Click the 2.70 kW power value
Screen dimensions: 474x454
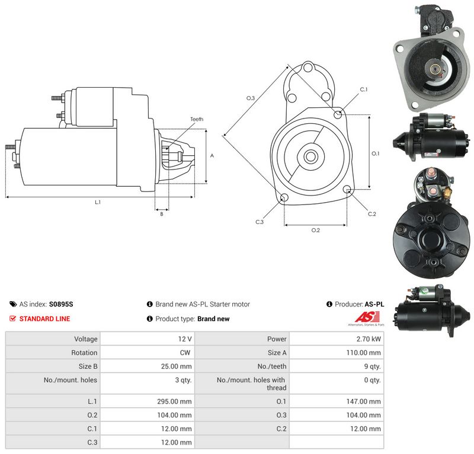coord(369,339)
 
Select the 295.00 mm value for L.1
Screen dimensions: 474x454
coord(174,401)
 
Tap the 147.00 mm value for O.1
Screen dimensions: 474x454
coord(363,401)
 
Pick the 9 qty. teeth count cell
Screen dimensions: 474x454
coord(373,367)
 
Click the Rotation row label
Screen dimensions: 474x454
coord(84,353)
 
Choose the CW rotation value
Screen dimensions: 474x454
coord(185,353)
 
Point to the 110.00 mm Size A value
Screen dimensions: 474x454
coord(363,353)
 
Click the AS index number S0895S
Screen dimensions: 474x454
coord(61,304)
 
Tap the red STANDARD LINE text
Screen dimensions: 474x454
coord(45,319)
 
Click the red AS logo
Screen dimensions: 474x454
coord(367,317)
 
